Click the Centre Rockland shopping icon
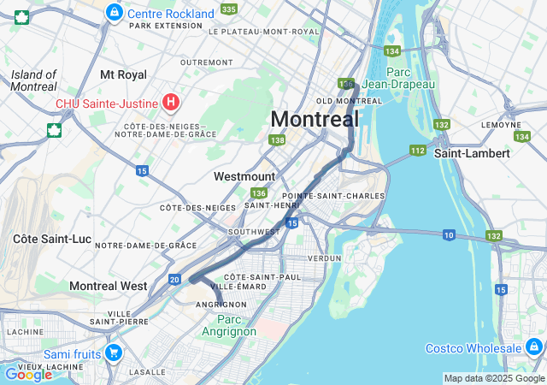[114, 14]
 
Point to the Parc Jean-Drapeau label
[398, 78]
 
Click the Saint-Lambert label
[472, 153]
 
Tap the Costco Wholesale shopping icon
[534, 347]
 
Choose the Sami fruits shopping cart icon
[113, 352]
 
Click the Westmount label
[244, 176]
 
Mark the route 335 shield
[228, 9]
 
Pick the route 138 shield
[276, 140]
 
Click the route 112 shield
[417, 151]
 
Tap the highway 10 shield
[449, 234]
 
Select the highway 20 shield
[174, 279]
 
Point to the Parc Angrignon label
[230, 325]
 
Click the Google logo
[28, 374]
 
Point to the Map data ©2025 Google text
[493, 378]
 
